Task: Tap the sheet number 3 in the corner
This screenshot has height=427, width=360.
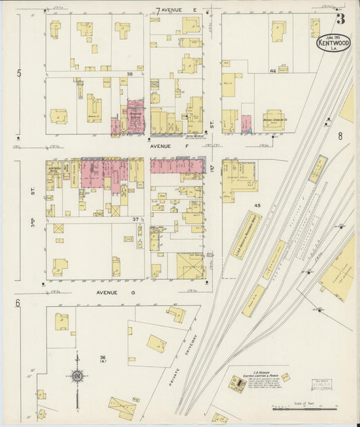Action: pyautogui.click(x=341, y=18)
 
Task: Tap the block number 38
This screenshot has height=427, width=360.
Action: pyautogui.click(x=128, y=74)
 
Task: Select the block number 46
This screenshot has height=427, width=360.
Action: pyautogui.click(x=273, y=71)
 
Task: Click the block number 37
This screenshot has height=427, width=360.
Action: pyautogui.click(x=136, y=220)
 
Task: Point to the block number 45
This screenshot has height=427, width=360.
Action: pyautogui.click(x=257, y=205)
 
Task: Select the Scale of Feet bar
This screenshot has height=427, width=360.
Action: pyautogui.click(x=304, y=408)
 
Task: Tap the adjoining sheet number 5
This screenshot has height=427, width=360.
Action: pyautogui.click(x=20, y=73)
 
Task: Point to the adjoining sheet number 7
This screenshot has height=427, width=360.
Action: pyautogui.click(x=158, y=11)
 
